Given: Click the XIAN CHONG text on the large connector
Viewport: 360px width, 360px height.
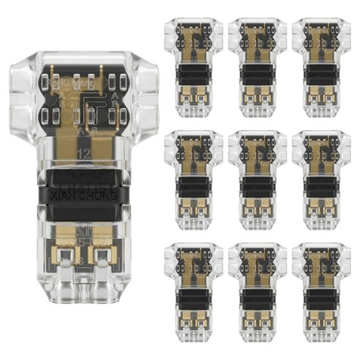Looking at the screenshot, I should (81, 196).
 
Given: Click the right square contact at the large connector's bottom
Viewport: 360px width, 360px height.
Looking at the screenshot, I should (102, 255).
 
